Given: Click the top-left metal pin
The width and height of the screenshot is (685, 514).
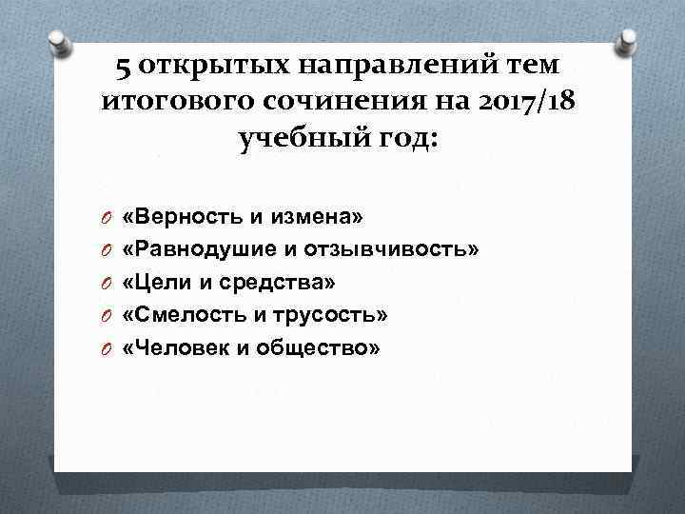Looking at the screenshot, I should tap(59, 40).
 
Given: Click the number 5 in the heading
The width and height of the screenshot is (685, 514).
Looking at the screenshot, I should tap(124, 67).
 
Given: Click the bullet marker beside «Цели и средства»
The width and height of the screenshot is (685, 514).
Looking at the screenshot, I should tap(107, 284).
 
